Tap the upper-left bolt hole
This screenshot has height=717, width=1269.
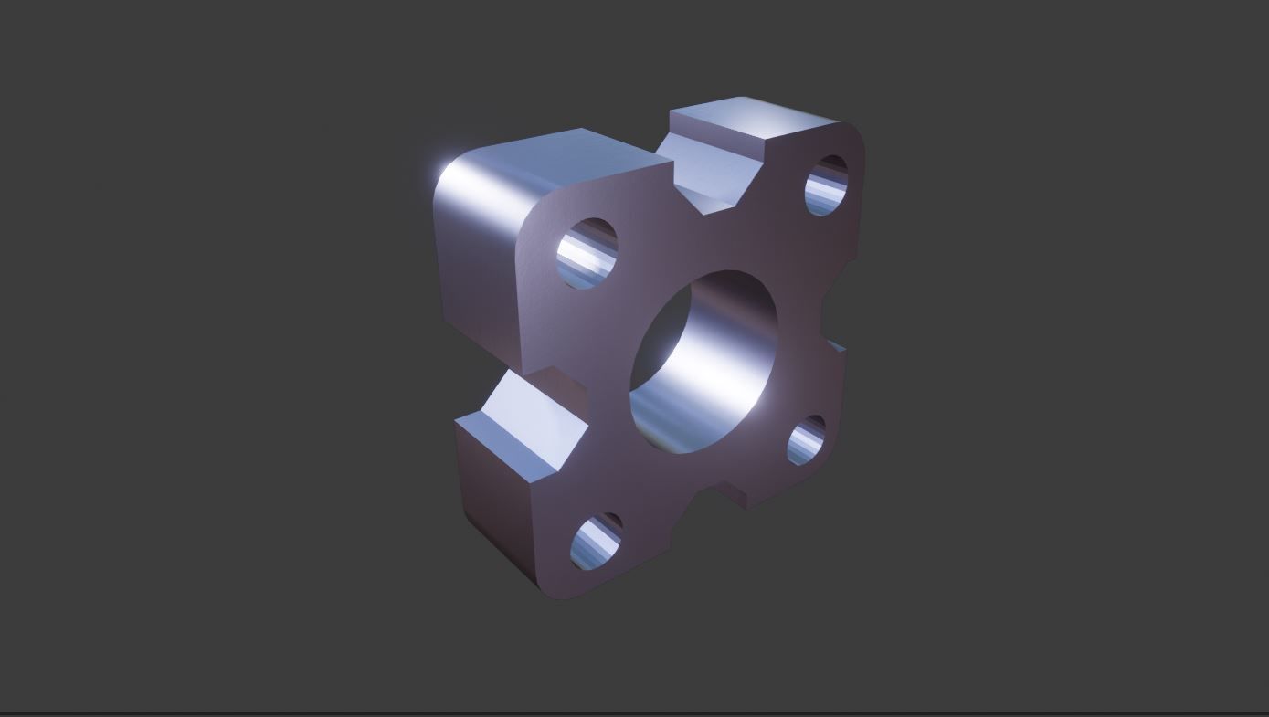coord(587,253)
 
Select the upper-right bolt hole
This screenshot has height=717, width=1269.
coord(826,185)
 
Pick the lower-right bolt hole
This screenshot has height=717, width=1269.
coord(806,440)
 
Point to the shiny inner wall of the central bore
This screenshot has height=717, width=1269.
coord(722,347)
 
